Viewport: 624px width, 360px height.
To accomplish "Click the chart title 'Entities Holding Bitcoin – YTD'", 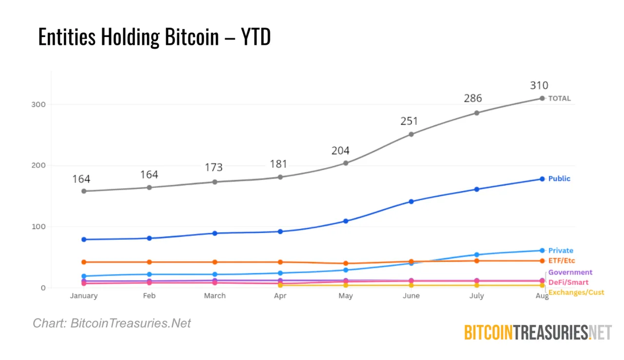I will point(154,37).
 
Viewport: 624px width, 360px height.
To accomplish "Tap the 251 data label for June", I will point(409,121).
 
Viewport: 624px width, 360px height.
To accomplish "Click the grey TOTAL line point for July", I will point(477,113).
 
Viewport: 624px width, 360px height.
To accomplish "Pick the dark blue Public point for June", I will point(411,201).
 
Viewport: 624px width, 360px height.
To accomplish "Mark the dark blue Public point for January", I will point(84,240).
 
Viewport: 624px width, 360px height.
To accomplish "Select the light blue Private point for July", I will point(477,255).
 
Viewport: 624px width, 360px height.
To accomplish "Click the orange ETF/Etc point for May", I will point(346,263).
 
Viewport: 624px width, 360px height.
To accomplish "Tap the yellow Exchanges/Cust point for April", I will point(280,285).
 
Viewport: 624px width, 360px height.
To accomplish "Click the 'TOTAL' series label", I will point(559,99).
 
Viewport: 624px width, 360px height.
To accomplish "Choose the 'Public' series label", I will point(559,179).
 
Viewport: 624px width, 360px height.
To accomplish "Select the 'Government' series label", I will point(570,272).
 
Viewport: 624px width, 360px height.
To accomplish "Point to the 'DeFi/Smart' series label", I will point(568,282).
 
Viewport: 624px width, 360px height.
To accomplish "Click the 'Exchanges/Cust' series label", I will point(576,292).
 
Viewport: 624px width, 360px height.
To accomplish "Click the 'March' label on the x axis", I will point(214,296).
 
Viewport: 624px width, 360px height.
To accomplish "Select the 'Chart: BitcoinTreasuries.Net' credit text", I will point(112,323).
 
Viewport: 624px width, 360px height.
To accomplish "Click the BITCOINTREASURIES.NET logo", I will point(537,333).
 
